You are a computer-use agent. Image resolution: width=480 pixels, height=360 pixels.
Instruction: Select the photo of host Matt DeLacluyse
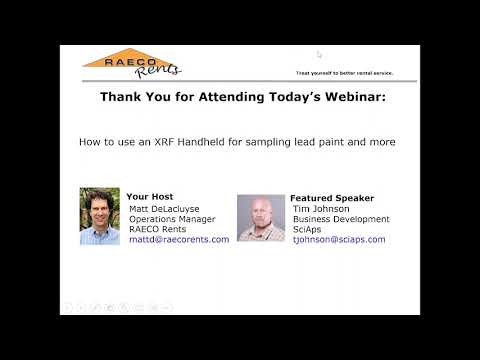click(x=99, y=217)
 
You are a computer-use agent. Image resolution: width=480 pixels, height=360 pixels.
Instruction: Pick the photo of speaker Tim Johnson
click(x=261, y=217)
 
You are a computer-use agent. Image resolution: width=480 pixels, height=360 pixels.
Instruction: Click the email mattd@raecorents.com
click(x=179, y=240)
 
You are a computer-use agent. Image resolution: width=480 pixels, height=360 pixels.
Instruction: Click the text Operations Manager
click(x=173, y=219)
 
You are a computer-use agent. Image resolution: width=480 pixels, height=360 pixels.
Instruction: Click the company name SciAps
click(x=307, y=229)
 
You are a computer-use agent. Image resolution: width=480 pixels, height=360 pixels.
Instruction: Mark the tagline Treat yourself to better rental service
click(x=345, y=74)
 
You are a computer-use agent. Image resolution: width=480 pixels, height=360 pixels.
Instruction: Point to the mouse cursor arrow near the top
click(x=319, y=55)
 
